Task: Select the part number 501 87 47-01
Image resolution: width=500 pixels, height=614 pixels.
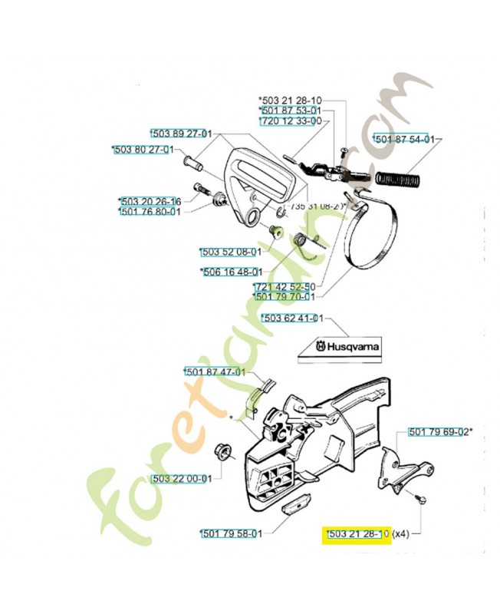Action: pos(215,372)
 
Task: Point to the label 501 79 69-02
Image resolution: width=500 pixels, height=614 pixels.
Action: pos(440,431)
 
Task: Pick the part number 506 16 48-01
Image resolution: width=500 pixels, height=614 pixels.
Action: pos(232,272)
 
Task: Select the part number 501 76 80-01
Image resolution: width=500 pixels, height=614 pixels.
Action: pos(150,212)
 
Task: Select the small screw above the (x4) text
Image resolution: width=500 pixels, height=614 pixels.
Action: pos(420,500)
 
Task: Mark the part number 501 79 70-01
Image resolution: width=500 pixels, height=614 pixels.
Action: pos(284,296)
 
